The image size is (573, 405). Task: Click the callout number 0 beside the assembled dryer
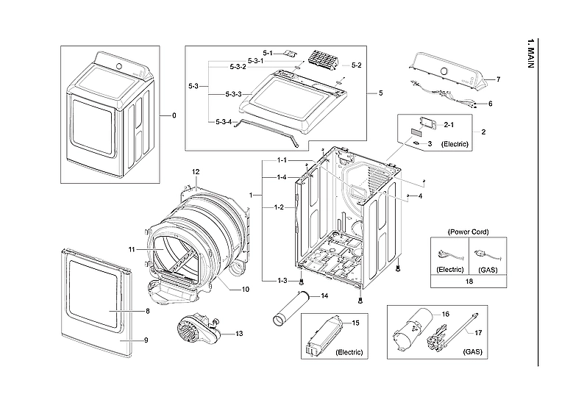click(174, 115)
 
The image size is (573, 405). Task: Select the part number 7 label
click(498, 79)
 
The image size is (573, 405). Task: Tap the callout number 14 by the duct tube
click(324, 296)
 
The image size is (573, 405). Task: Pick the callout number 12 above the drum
click(196, 171)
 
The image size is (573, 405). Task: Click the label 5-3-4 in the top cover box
click(224, 121)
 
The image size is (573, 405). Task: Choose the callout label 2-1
click(448, 125)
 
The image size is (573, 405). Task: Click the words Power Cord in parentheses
click(468, 232)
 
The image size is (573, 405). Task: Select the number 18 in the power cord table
click(468, 281)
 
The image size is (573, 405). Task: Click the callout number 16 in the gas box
click(444, 314)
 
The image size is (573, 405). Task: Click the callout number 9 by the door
click(146, 340)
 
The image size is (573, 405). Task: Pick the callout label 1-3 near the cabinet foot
click(282, 282)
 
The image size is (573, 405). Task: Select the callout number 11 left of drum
click(132, 250)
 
